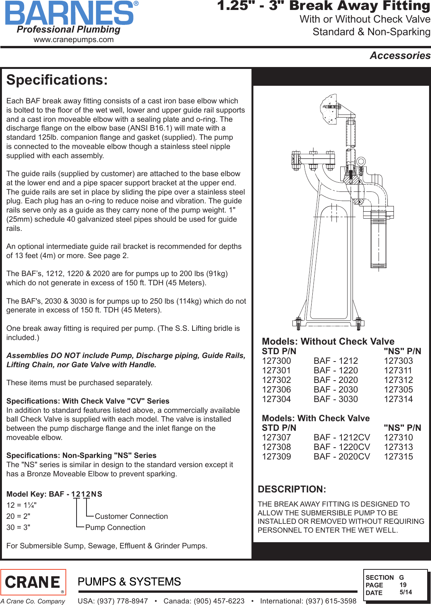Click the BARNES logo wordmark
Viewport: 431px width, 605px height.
click(70, 13)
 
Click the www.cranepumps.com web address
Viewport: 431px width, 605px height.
click(73, 39)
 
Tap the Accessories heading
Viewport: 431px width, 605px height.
click(400, 56)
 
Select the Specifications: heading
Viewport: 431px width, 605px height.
click(57, 80)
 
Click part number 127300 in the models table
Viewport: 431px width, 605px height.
click(276, 361)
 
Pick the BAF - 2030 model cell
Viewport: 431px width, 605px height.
click(336, 389)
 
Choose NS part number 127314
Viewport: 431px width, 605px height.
click(398, 399)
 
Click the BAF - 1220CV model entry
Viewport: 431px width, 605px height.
click(342, 447)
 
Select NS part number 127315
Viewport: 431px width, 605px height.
click(398, 456)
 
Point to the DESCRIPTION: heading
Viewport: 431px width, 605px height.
click(292, 489)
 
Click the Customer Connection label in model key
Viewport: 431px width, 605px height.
click(131, 516)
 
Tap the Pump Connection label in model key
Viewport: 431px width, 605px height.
click(115, 527)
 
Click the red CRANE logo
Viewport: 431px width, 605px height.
click(33, 582)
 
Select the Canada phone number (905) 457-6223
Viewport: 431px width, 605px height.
click(204, 601)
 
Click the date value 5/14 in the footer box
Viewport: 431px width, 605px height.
click(406, 592)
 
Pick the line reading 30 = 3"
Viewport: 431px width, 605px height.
click(18, 527)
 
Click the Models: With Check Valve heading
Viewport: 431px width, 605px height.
click(316, 418)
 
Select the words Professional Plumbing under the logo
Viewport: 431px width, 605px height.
click(69, 29)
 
